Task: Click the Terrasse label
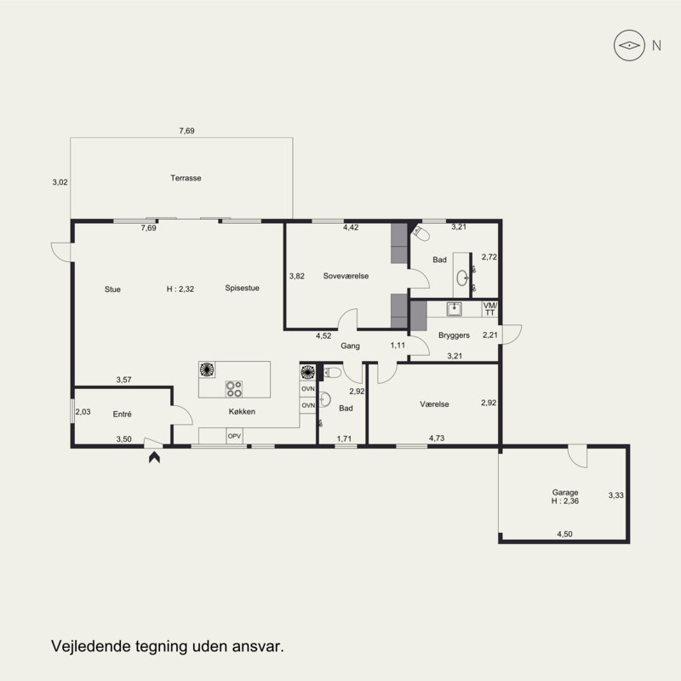click(x=186, y=178)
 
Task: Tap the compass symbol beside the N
click(x=629, y=45)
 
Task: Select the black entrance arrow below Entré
click(x=154, y=457)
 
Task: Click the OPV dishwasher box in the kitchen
click(x=235, y=436)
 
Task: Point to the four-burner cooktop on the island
click(x=234, y=389)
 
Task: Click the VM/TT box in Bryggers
click(x=490, y=309)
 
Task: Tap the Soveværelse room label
click(x=346, y=276)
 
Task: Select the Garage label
click(x=565, y=493)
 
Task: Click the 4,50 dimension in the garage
click(x=564, y=535)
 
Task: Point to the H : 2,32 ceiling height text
click(x=180, y=289)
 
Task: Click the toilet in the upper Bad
click(x=421, y=233)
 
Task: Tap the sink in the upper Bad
click(x=462, y=278)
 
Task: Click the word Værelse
click(x=434, y=404)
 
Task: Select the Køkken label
click(x=242, y=412)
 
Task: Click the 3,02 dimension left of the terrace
click(x=60, y=182)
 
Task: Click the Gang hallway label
click(x=350, y=346)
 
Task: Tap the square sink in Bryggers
click(x=455, y=309)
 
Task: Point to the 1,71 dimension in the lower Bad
click(x=344, y=438)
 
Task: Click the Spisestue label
click(x=242, y=288)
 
